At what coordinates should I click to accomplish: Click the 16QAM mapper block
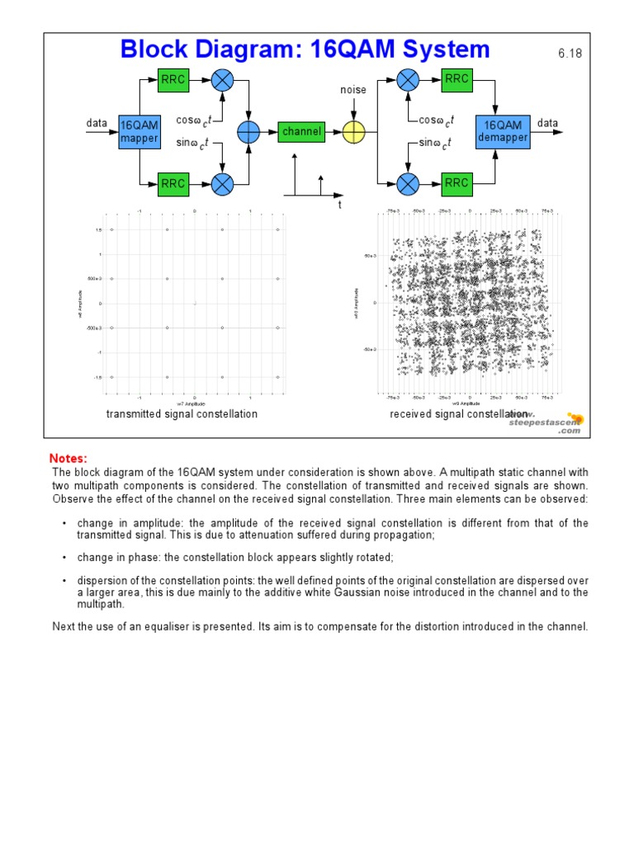[139, 131]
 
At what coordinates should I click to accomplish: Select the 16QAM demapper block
[503, 131]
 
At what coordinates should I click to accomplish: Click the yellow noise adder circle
[353, 131]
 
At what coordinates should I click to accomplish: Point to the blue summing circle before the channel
[248, 131]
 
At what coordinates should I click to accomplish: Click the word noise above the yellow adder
[353, 89]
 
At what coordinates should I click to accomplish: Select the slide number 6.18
[570, 54]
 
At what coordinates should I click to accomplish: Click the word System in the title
[433, 50]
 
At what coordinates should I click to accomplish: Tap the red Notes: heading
[69, 458]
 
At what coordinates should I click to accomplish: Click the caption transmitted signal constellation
[182, 413]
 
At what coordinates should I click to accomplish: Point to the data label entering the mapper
[97, 124]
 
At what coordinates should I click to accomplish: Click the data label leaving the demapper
[548, 124]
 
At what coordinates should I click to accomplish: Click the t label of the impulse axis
[339, 205]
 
